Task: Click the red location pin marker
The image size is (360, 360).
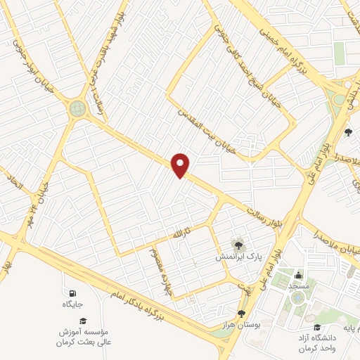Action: click(x=181, y=165)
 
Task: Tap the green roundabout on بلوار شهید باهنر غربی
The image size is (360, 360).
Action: click(x=77, y=108)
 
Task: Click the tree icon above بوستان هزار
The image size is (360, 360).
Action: click(x=241, y=314)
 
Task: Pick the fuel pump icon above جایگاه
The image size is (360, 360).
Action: click(x=72, y=292)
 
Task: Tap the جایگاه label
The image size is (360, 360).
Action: click(x=72, y=304)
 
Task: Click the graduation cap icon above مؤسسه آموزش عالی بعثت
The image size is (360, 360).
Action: click(x=82, y=321)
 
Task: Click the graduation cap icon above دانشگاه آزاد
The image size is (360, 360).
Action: click(x=317, y=328)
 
